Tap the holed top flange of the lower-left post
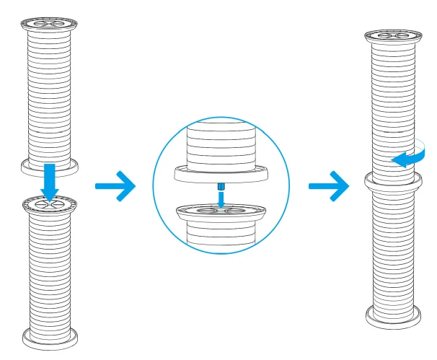pos(48,206)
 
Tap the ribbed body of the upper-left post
pos(48,94)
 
